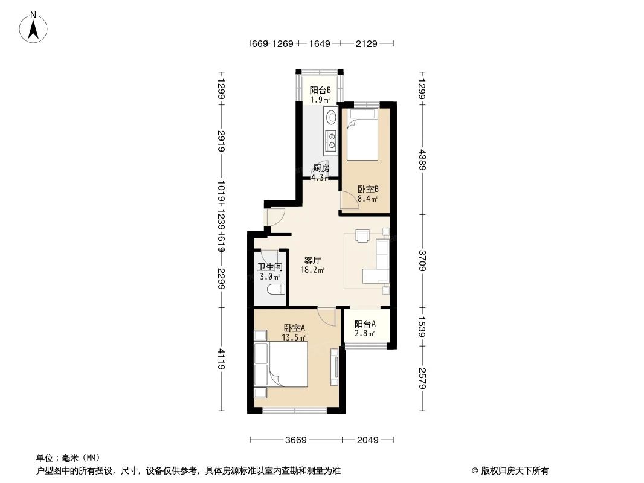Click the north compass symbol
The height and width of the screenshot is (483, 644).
pyautogui.click(x=34, y=27)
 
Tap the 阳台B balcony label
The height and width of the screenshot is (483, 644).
pyautogui.click(x=320, y=91)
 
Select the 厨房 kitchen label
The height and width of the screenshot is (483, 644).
pyautogui.click(x=321, y=168)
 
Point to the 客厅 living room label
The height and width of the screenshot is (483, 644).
pyautogui.click(x=312, y=261)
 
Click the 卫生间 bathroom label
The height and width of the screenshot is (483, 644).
pyautogui.click(x=270, y=267)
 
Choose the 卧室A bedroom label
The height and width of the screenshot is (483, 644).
pyautogui.click(x=294, y=328)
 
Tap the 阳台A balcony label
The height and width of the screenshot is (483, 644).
pyautogui.click(x=365, y=324)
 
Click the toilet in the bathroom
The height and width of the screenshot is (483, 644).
pyautogui.click(x=275, y=289)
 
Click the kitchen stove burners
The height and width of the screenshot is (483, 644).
pyautogui.click(x=330, y=140)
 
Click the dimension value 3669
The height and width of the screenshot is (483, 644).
pyautogui.click(x=296, y=440)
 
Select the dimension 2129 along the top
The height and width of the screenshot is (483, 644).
pyautogui.click(x=367, y=43)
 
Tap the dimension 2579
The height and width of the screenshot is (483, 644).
pyautogui.click(x=422, y=379)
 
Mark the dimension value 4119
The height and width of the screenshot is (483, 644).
pyautogui.click(x=222, y=359)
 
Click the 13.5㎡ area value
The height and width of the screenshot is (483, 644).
pyautogui.click(x=294, y=337)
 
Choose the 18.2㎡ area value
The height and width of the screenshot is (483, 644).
pyautogui.click(x=312, y=270)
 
